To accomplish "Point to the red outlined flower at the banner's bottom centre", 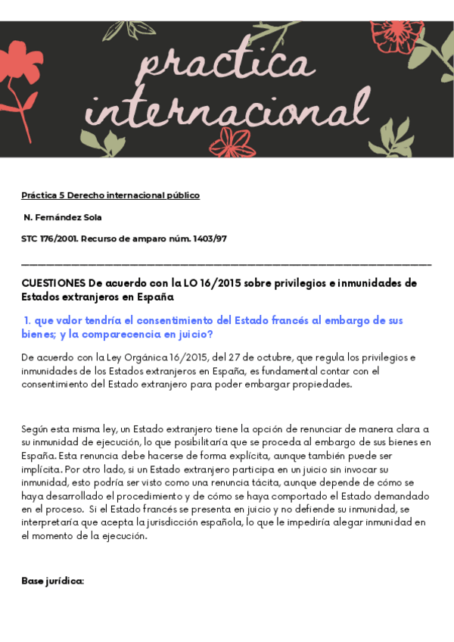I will pos(233,142).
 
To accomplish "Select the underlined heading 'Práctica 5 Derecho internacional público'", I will pos(110,195).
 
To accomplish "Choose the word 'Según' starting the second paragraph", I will pos(36,430).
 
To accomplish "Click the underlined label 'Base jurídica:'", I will pos(52,581).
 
